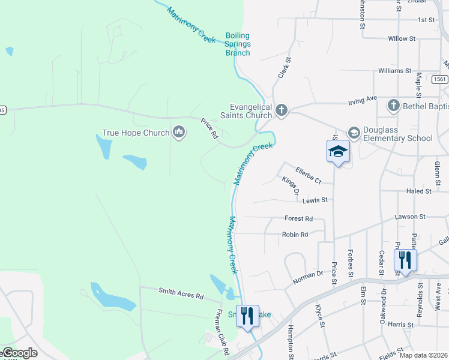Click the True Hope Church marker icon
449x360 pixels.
click(x=178, y=132)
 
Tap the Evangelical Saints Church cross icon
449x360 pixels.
click(x=281, y=110)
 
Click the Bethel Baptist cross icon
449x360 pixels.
click(x=393, y=106)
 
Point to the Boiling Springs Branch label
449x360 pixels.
click(x=238, y=44)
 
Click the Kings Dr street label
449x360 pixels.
click(x=291, y=186)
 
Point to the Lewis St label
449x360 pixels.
click(x=315, y=200)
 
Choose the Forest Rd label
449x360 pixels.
click(x=299, y=218)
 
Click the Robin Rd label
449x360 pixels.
click(x=295, y=235)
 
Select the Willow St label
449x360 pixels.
click(x=402, y=38)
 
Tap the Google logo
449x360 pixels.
click(x=19, y=353)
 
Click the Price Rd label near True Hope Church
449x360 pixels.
click(x=209, y=128)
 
